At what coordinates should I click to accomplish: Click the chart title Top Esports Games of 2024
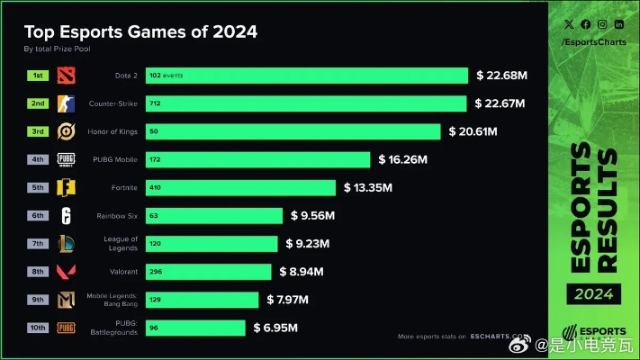click(x=140, y=31)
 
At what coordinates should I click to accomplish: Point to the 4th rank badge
click(x=39, y=159)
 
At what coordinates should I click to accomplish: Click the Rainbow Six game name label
click(x=115, y=216)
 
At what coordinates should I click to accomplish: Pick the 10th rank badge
click(x=39, y=328)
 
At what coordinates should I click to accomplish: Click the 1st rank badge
click(x=39, y=76)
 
